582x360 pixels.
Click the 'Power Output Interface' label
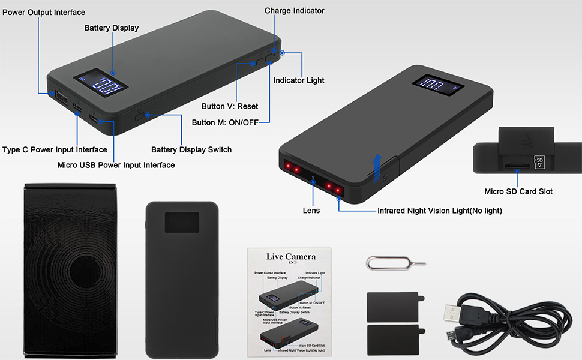(44, 13)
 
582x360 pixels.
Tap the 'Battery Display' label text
(112, 28)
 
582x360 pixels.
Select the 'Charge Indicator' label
(294, 11)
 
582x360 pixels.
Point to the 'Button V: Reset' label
(230, 107)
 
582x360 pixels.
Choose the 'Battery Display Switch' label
(191, 150)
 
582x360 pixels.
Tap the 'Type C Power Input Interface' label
(55, 150)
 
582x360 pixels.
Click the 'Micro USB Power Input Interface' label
(116, 165)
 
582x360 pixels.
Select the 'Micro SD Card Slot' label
(518, 192)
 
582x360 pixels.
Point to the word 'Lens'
(311, 211)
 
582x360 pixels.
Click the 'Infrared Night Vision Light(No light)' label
(440, 211)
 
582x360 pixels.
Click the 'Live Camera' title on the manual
(291, 257)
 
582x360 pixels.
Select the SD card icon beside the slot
(539, 163)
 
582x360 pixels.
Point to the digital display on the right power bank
(437, 86)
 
